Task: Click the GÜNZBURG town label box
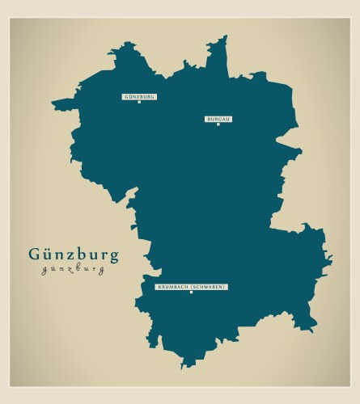139,96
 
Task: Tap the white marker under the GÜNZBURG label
139,102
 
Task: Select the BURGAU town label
218,119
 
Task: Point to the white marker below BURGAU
218,124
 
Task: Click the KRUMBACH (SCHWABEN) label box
191,287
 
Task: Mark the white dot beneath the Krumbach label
191,292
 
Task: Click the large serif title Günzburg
73,255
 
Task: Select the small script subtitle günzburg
73,270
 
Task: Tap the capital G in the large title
35,254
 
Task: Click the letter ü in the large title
48,254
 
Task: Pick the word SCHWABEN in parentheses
208,287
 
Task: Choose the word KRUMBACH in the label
172,287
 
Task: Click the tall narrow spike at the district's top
222,40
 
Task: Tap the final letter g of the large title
113,257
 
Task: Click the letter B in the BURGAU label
209,119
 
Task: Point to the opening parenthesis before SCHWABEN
190,287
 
